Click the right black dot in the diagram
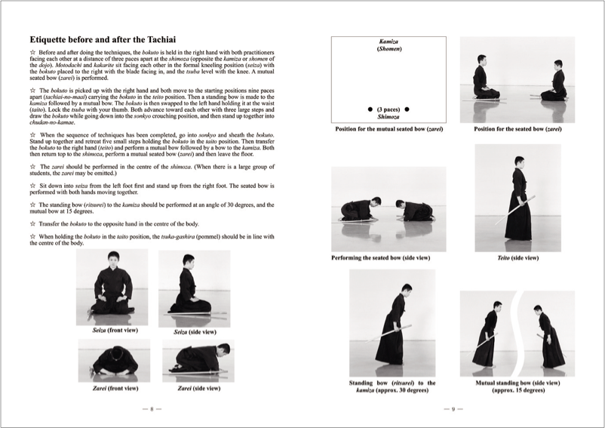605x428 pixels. (407, 109)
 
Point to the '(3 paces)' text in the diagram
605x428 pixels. (388, 109)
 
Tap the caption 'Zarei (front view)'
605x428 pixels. (114, 389)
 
